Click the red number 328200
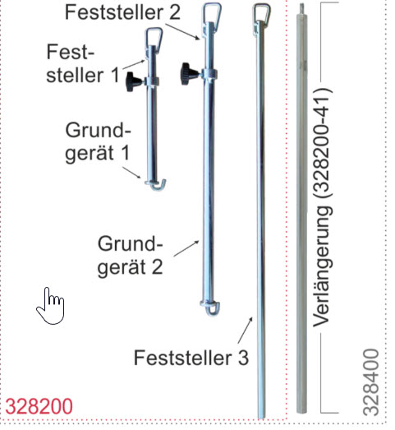coord(39,406)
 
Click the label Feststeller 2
coord(122,12)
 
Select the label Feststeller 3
coord(191,358)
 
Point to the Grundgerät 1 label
coord(98,142)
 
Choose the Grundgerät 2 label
coord(131,256)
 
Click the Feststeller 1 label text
coord(83,63)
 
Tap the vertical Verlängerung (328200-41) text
coord(323,207)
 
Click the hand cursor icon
coord(50,306)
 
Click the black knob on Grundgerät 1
coord(134,81)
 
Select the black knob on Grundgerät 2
coord(189,73)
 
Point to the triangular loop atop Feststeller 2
coord(212,13)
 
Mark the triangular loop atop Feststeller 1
coord(154,38)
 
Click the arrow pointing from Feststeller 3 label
coord(246,331)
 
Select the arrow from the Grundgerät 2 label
coord(186,248)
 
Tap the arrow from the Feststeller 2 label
coord(183,32)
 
